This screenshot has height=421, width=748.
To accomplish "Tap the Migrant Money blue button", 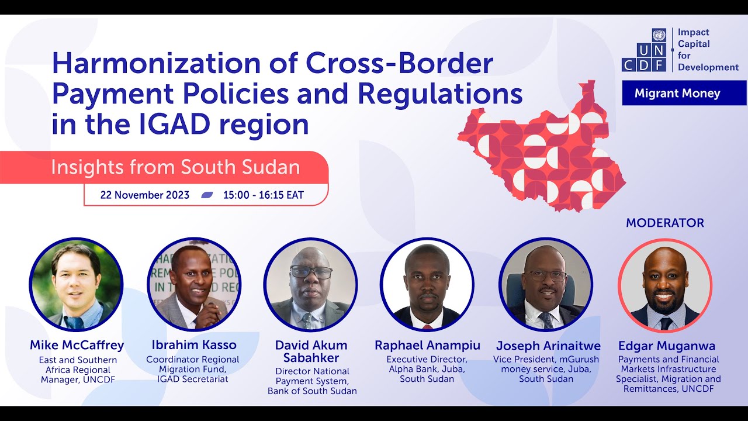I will [x=684, y=93].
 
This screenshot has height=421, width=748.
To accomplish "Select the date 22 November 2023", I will [x=145, y=195].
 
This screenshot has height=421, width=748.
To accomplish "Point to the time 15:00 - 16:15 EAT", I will [x=264, y=195].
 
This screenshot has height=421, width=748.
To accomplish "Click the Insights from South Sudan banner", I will [x=175, y=167].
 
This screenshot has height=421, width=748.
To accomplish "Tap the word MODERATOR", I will [x=664, y=223].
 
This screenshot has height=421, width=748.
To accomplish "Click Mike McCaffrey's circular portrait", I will [x=76, y=285].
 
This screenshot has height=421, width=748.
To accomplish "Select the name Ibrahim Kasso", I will [x=193, y=345].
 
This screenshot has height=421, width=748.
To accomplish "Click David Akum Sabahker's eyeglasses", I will [x=311, y=272].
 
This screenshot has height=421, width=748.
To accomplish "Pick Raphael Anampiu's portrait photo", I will [x=427, y=285].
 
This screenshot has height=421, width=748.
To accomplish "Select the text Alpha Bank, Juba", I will [x=427, y=368].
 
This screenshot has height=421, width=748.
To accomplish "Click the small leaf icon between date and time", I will [x=206, y=195].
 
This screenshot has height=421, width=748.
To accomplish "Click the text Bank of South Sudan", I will [x=312, y=391].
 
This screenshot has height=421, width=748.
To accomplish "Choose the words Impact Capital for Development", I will [x=708, y=50].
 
